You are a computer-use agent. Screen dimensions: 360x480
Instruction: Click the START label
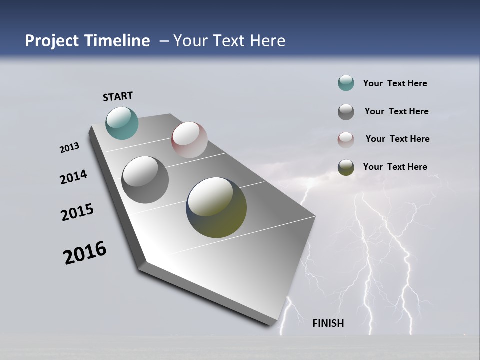(x=118, y=96)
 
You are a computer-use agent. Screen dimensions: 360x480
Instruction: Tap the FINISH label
(x=328, y=323)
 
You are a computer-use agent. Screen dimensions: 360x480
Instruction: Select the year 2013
(x=69, y=148)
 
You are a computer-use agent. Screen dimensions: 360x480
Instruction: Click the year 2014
(x=73, y=177)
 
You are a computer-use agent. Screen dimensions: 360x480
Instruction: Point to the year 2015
(x=77, y=212)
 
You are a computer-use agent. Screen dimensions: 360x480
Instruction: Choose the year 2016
(x=85, y=253)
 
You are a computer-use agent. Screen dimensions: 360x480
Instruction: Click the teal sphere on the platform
(x=122, y=123)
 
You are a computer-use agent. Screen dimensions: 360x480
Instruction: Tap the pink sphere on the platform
(x=189, y=140)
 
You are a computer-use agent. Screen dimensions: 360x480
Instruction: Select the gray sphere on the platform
(x=145, y=179)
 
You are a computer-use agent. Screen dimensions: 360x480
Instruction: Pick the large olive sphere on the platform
(x=216, y=207)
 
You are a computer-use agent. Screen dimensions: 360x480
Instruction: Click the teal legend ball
(x=346, y=83)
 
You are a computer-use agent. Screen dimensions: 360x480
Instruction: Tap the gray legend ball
(x=346, y=111)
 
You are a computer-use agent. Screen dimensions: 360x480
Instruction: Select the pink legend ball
(x=346, y=139)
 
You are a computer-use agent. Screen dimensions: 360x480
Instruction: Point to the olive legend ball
(x=346, y=167)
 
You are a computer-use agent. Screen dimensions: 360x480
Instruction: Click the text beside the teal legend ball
(x=395, y=83)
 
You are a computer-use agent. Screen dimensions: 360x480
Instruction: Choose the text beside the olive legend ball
(x=395, y=167)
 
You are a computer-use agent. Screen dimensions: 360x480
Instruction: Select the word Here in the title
(x=268, y=41)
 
